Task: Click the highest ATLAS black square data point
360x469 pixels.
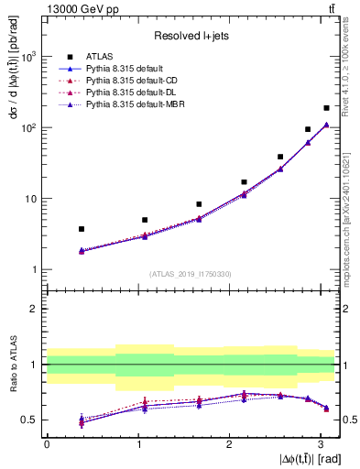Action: pos(326,108)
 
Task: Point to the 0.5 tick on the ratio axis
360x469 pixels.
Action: pos(31,420)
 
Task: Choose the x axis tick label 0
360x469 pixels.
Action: pos(47,444)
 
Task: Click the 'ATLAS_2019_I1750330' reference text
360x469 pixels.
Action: pos(191,274)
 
